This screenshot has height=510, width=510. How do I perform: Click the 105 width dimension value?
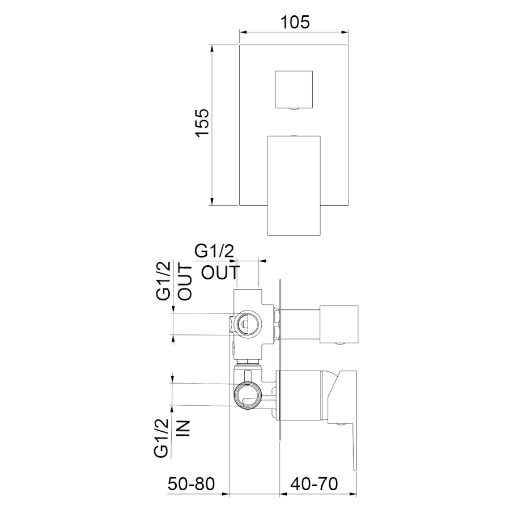coord(295,23)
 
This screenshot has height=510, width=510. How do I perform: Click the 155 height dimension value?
coord(202,122)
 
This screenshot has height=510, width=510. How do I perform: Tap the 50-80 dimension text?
coord(192,484)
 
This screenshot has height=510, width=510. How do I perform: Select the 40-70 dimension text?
coord(314,484)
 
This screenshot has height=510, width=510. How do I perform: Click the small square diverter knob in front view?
coord(294,90)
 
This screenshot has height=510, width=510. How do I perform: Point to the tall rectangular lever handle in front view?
coord(294,185)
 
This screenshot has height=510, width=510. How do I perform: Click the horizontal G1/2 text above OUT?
coord(214,252)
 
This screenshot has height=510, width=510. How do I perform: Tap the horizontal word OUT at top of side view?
coord(220,273)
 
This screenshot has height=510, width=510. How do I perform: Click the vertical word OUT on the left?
coord(186,282)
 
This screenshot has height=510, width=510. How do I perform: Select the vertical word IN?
coord(182,428)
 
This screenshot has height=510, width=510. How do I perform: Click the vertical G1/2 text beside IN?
coord(161,438)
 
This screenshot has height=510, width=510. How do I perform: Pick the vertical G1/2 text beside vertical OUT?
coord(163,280)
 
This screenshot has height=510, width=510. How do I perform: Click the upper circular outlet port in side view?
coord(248,324)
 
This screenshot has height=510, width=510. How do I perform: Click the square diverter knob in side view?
coord(339,324)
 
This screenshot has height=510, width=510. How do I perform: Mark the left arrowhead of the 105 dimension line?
coord(243,32)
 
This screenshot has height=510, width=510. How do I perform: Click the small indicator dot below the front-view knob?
coord(294,109)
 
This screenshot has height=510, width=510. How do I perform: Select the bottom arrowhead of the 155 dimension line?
coord(212,202)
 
